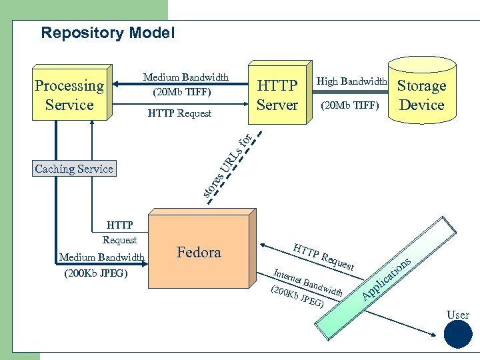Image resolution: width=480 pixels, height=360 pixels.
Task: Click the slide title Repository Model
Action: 107,33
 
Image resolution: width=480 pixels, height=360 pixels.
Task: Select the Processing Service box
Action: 69,95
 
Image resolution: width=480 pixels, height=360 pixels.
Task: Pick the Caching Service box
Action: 74,169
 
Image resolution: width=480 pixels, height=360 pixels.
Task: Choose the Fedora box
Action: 199,252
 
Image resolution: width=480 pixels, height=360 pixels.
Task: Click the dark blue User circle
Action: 458,335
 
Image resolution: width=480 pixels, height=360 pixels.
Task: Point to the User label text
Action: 458,315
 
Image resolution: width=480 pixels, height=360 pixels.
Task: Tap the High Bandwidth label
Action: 351,81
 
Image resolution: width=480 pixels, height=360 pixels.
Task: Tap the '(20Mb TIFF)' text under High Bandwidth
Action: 350,105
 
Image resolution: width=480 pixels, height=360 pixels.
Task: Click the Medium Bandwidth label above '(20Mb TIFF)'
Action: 186,77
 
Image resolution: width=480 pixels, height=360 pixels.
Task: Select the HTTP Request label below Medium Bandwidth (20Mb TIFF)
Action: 179,113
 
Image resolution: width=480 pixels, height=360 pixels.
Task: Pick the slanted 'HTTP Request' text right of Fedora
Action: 323,257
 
